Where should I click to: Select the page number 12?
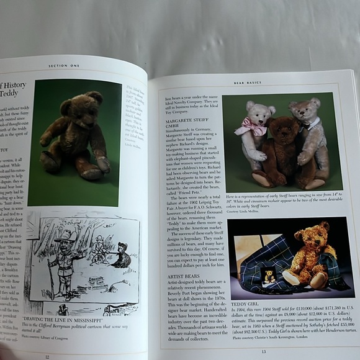[x=47, y=356]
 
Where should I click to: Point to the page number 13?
[x=263, y=352]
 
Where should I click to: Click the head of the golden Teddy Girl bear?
[x=312, y=236]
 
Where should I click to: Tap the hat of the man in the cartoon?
[x=63, y=238]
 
